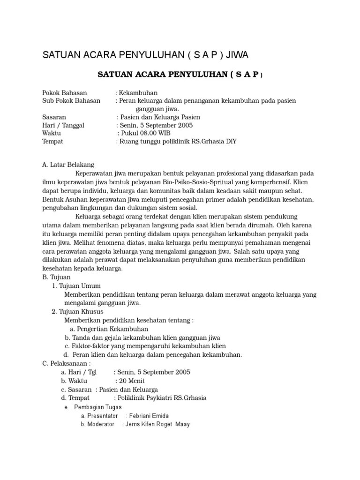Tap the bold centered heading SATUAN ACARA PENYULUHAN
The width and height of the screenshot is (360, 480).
pyautogui.click(x=172, y=75)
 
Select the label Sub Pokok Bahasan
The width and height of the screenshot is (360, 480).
pyautogui.click(x=71, y=101)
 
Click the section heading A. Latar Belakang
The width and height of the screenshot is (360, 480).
pyautogui.click(x=68, y=165)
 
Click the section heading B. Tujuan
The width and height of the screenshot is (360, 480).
pyautogui.click(x=57, y=277)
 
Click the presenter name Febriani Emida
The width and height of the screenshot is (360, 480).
pyautogui.click(x=150, y=416)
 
